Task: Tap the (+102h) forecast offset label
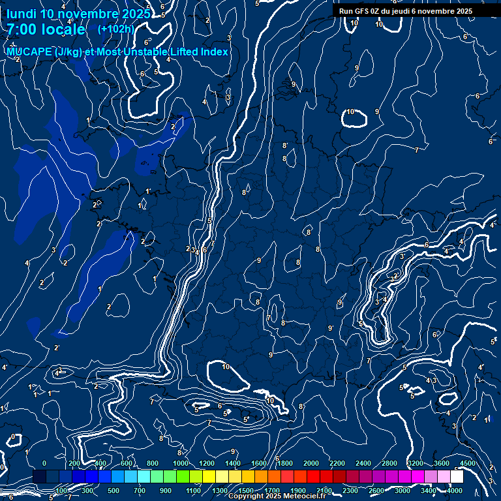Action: point(115,29)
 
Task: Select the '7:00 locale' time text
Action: point(46,29)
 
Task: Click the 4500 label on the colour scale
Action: point(468,463)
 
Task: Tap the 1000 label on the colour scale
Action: point(181,463)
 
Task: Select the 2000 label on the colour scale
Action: point(311,463)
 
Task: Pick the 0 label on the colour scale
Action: point(44,463)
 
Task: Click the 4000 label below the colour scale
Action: point(455,490)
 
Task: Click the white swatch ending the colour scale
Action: point(457,477)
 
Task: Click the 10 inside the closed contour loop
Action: point(350,112)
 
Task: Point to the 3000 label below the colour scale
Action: point(402,490)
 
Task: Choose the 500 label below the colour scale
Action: point(114,490)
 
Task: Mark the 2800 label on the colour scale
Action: point(389,463)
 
